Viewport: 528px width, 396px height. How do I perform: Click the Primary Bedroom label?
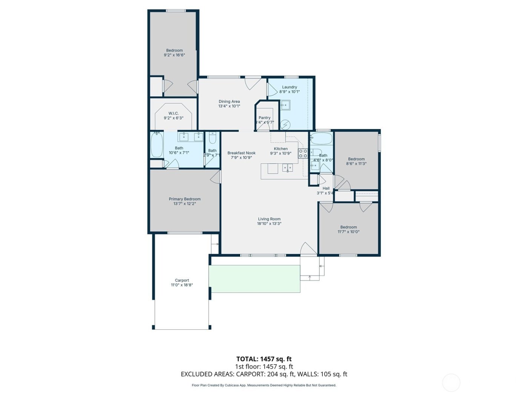pos(184,199)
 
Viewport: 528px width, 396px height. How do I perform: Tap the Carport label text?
pos(182,281)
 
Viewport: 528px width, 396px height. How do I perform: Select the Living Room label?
pos(269,219)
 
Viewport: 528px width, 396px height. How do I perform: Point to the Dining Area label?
pos(229,101)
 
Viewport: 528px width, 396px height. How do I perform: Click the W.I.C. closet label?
pos(173,114)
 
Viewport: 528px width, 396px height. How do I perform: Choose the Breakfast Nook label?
pos(241,153)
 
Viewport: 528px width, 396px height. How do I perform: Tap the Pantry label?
pos(264,118)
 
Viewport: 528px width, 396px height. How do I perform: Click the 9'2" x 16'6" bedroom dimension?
pos(174,55)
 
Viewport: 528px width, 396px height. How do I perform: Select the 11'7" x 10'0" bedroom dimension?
pos(348,232)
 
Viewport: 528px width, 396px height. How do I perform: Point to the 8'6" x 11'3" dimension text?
pos(356,164)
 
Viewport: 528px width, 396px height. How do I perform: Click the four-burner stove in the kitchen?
pos(303,153)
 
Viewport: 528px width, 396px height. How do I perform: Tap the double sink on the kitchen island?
pos(287,168)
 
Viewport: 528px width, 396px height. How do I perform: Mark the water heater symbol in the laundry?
pos(285,124)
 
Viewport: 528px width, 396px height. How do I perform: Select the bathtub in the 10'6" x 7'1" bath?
pos(157,145)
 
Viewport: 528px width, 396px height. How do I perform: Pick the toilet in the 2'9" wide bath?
pos(212,138)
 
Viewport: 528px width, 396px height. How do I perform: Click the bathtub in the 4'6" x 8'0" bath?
pos(321,139)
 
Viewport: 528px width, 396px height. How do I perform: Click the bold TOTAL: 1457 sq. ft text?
pos(264,359)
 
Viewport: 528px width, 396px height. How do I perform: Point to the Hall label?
pos(326,188)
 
